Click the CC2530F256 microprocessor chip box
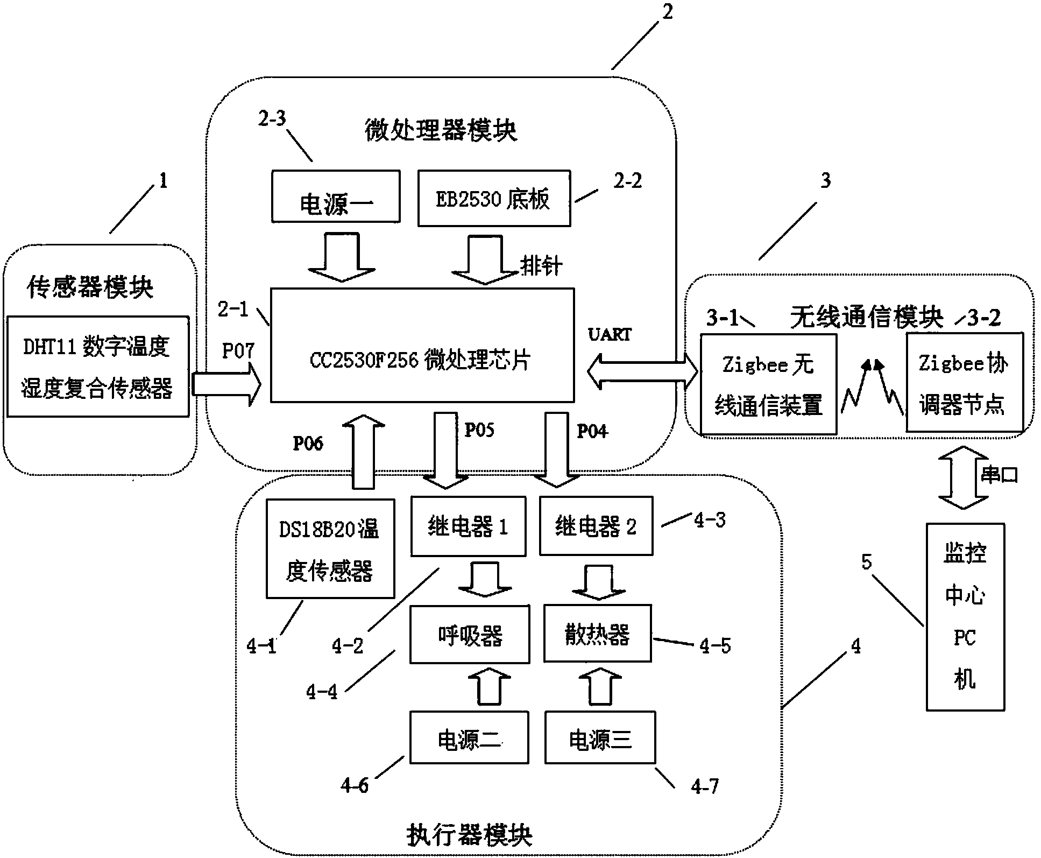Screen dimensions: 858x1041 (x=422, y=345)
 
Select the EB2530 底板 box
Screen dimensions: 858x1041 (x=494, y=198)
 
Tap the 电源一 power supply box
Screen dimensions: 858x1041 (x=336, y=196)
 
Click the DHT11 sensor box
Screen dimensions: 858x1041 (x=97, y=367)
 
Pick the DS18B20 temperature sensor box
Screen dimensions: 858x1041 (x=330, y=548)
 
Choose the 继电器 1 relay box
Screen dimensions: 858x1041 (x=468, y=526)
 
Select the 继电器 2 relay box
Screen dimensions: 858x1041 (x=596, y=526)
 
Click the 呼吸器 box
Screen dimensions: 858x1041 (x=470, y=634)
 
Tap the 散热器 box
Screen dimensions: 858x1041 (x=598, y=634)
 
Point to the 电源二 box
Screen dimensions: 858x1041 (x=469, y=737)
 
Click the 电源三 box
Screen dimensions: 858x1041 (x=600, y=737)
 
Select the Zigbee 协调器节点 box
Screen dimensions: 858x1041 (x=964, y=382)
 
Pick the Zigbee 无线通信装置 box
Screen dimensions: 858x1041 (x=768, y=384)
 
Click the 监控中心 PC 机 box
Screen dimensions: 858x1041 (x=965, y=617)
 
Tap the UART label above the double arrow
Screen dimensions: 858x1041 (x=610, y=335)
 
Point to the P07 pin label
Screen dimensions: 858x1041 (x=238, y=351)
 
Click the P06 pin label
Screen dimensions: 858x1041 (x=308, y=443)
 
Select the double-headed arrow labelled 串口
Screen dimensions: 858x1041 (x=963, y=477)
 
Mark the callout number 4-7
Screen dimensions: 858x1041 (x=704, y=787)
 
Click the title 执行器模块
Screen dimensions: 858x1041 (x=469, y=835)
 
